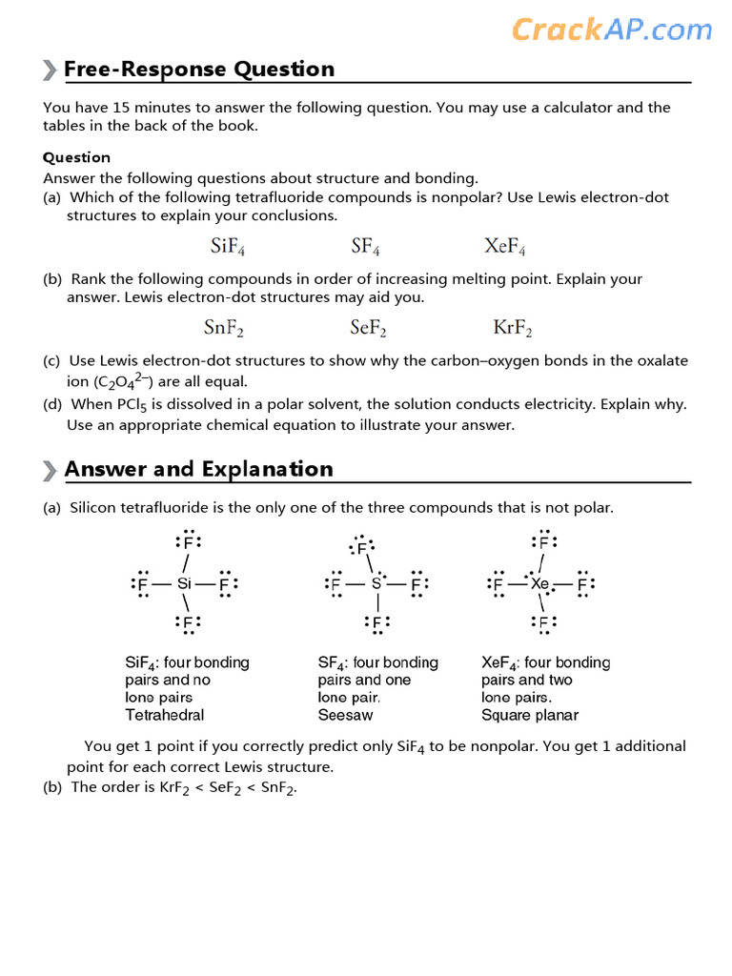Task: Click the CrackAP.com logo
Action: coord(611,30)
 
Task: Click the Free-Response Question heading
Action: coord(198,70)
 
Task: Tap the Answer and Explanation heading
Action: coord(198,469)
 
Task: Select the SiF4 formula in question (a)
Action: coord(228,247)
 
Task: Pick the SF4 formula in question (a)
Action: coord(365,247)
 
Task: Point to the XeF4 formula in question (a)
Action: coord(504,247)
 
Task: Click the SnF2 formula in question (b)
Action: coord(224,329)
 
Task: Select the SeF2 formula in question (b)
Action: coord(368,329)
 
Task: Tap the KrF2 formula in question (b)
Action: coord(513,329)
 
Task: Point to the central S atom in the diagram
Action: coord(376,583)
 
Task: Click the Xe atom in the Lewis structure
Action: coord(540,583)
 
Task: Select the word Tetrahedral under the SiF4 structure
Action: coord(164,715)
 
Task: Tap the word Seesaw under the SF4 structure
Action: coord(345,715)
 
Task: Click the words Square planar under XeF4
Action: coord(529,715)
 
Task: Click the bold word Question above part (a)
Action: coord(76,157)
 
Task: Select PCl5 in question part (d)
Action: coord(133,405)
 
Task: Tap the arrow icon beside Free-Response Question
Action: coord(50,70)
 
